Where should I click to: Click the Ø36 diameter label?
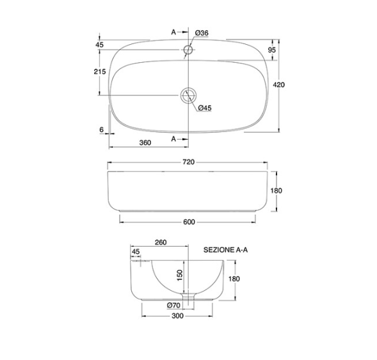pyautogui.click(x=202, y=33)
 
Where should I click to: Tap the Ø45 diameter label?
pyautogui.click(x=205, y=108)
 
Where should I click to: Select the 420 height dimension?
pyautogui.click(x=279, y=85)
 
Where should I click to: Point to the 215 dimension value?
pyautogui.click(x=100, y=72)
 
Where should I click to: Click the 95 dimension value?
pyautogui.click(x=271, y=50)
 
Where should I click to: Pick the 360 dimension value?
pyautogui.click(x=145, y=143)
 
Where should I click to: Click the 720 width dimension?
pyautogui.click(x=188, y=162)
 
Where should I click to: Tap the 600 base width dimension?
pyautogui.click(x=189, y=222)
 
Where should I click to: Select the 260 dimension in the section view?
pyautogui.click(x=161, y=242)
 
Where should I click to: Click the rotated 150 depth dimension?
pyautogui.click(x=180, y=275)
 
